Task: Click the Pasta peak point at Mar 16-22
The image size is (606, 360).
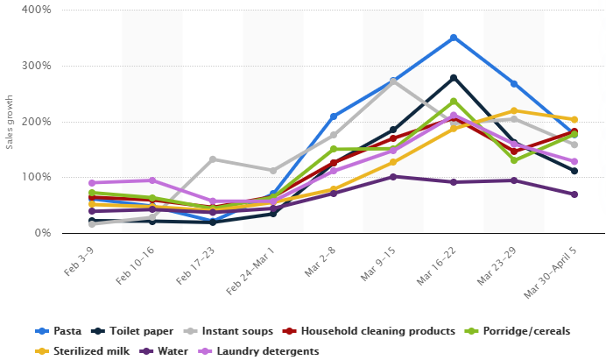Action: (454, 38)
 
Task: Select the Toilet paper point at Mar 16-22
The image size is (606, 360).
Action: (454, 78)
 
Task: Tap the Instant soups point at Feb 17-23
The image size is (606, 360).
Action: (213, 159)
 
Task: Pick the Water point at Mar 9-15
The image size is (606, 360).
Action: (393, 177)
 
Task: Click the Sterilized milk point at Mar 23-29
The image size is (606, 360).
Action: (514, 111)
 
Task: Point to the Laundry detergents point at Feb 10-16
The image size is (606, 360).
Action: (152, 180)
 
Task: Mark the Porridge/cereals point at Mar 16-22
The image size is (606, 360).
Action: (454, 101)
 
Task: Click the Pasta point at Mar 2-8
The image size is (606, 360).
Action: (334, 116)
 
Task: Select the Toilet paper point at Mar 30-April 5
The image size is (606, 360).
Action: (574, 171)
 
